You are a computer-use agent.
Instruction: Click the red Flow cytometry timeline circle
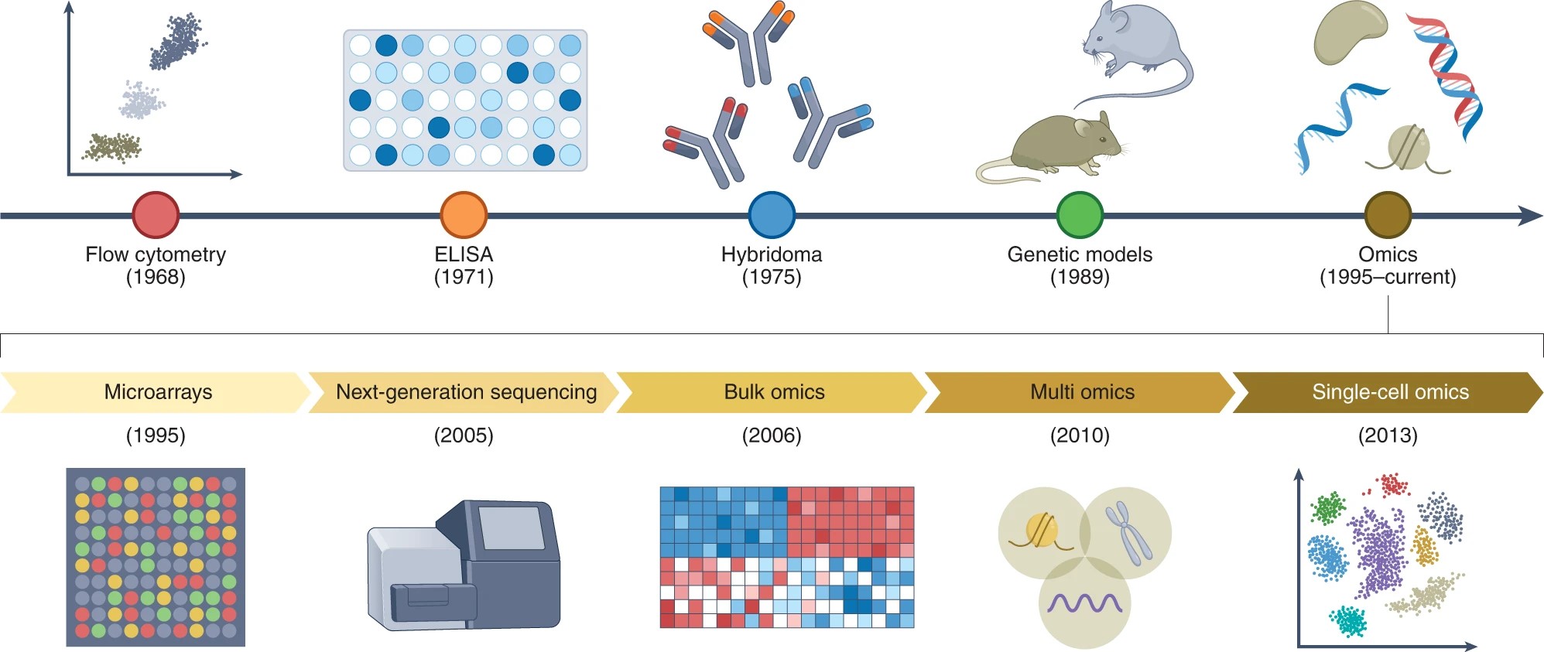coord(156,215)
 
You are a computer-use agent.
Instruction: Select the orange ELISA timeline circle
coord(464,215)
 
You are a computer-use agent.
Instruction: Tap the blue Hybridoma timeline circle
coord(772,215)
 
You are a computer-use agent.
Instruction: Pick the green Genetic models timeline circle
coord(1080,215)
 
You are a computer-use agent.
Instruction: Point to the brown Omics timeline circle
coord(1388,215)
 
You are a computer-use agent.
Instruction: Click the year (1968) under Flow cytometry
coord(156,277)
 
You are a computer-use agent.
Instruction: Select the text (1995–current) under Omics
coord(1388,277)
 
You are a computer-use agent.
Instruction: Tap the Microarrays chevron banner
coord(158,392)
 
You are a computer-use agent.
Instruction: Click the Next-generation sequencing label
coord(466,392)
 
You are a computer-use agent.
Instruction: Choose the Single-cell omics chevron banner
coord(1390,392)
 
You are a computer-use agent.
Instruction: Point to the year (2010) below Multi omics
coord(1080,435)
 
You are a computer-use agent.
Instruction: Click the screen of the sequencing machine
coord(511,527)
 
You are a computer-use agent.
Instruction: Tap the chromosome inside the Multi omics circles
coord(1128,531)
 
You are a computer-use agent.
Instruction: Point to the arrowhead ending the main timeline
coord(1530,216)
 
